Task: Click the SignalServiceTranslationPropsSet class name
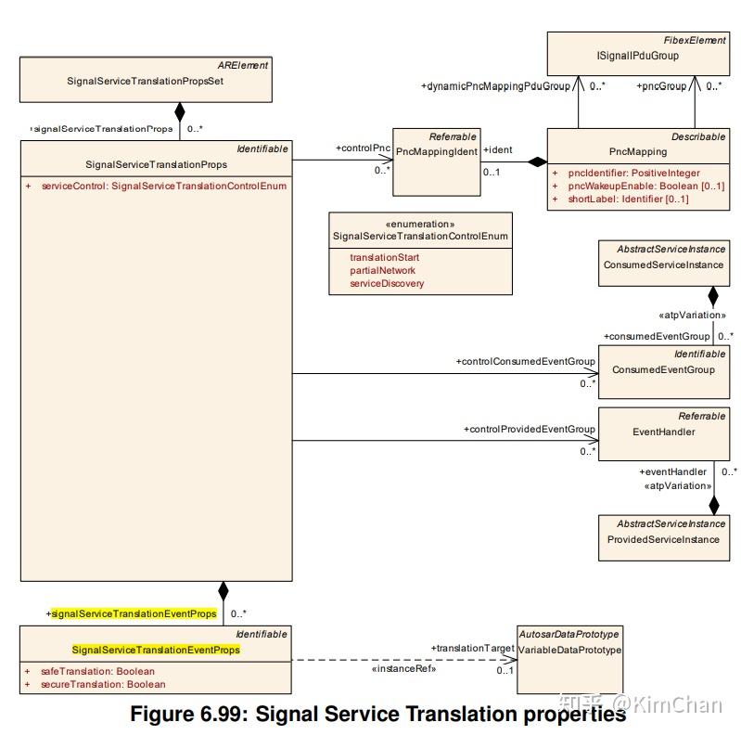coord(146,81)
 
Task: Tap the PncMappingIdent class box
coord(436,162)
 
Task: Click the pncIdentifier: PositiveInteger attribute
coord(633,173)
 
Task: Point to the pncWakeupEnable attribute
coord(645,186)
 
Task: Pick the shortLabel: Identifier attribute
coord(628,199)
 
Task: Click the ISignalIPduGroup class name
coord(637,56)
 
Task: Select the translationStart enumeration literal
coord(384,257)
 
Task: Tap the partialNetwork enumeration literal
coord(382,270)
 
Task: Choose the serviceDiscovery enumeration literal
coord(387,283)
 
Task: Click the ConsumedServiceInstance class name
coord(663,264)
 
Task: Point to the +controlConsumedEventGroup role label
coord(525,361)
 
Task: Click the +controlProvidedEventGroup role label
coord(529,429)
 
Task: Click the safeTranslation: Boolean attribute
coord(97,671)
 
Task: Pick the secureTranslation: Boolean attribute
coord(102,684)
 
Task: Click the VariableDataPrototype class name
coord(569,650)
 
